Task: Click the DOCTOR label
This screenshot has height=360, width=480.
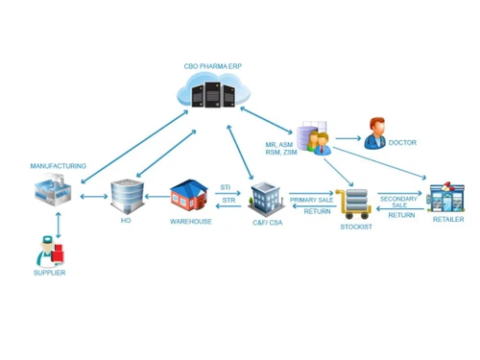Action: click(x=403, y=143)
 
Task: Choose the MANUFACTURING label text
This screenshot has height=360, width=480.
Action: click(x=58, y=166)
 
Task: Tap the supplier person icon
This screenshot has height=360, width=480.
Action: click(x=49, y=252)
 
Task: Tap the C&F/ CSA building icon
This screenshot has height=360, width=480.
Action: click(x=263, y=199)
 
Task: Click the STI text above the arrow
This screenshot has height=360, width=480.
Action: click(x=226, y=187)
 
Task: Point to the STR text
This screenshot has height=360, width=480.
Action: click(x=228, y=201)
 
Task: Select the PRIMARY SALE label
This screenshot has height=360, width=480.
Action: click(x=311, y=200)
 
